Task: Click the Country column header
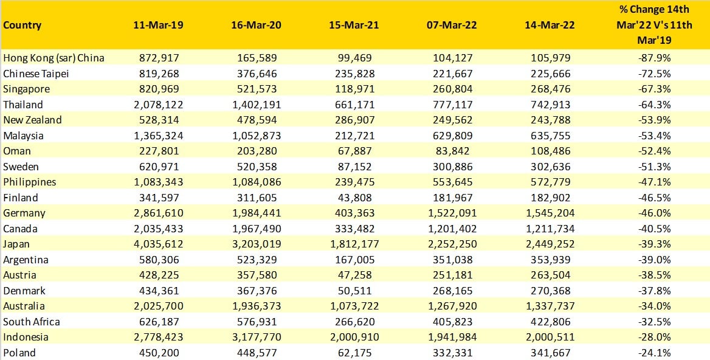point(22,26)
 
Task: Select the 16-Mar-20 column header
point(256,26)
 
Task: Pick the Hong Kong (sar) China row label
point(53,58)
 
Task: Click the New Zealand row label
point(32,120)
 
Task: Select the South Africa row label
point(32,322)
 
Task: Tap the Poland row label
point(19,353)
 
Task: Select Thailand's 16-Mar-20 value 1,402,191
point(256,105)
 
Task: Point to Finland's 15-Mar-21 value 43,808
point(353,198)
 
